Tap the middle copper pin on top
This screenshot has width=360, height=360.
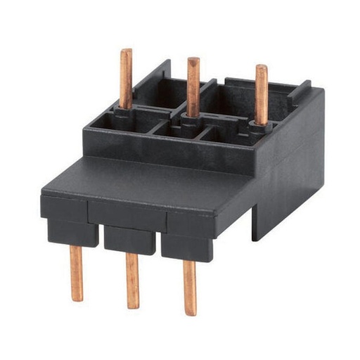point(193,84)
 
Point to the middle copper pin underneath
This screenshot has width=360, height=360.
point(132,280)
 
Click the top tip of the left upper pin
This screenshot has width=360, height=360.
point(126,51)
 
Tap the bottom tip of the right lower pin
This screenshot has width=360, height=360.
point(190,312)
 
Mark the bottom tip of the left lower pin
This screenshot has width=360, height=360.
point(77,298)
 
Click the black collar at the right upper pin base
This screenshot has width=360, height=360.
point(260,127)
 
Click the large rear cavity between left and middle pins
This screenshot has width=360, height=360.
point(157,87)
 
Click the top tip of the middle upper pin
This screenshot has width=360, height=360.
point(193,60)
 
